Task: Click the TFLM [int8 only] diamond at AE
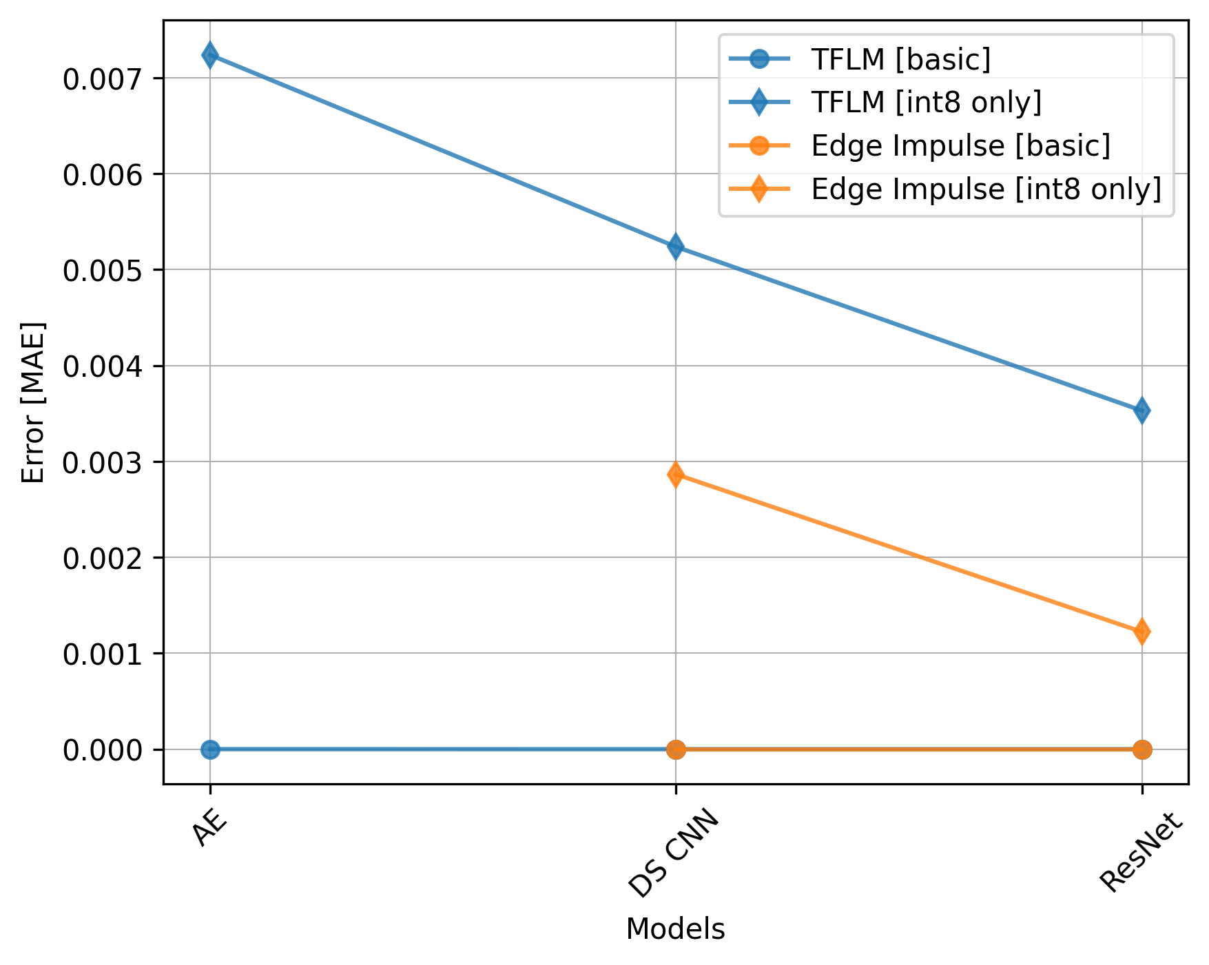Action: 210,55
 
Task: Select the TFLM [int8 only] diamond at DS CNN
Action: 676,247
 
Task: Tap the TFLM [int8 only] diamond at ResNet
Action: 1141,411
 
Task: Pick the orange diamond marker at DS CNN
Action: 676,475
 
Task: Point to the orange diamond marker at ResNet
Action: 1141,632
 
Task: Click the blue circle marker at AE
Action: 210,749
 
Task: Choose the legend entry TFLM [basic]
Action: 900,60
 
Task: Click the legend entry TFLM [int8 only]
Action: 926,103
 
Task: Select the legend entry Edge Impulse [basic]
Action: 960,146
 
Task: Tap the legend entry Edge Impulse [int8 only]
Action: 986,189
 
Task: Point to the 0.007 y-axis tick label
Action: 105,79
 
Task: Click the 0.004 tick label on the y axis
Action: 105,366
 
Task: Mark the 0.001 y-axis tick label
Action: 105,654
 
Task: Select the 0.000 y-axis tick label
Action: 105,750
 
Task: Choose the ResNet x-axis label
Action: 1140,853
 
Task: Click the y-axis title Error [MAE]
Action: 33,402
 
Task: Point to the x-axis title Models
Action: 675,930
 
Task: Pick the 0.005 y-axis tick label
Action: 105,271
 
